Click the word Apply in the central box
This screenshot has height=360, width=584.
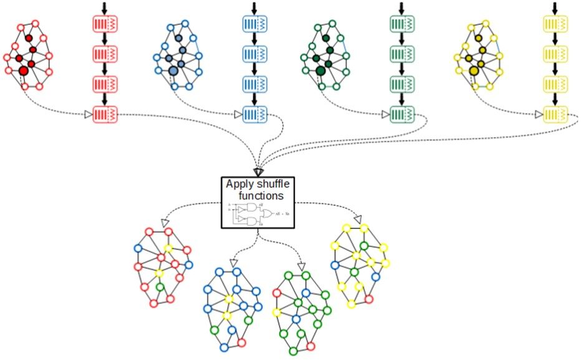(x=238, y=184)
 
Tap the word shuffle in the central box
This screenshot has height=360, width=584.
(x=273, y=184)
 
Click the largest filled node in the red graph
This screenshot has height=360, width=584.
(x=23, y=71)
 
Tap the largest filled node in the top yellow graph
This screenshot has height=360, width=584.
(x=474, y=71)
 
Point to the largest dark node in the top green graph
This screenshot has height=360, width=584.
(x=321, y=71)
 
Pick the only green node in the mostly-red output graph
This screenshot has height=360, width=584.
(x=160, y=288)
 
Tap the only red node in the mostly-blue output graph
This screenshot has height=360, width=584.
(x=241, y=343)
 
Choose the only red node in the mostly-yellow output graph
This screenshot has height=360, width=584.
(x=368, y=299)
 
